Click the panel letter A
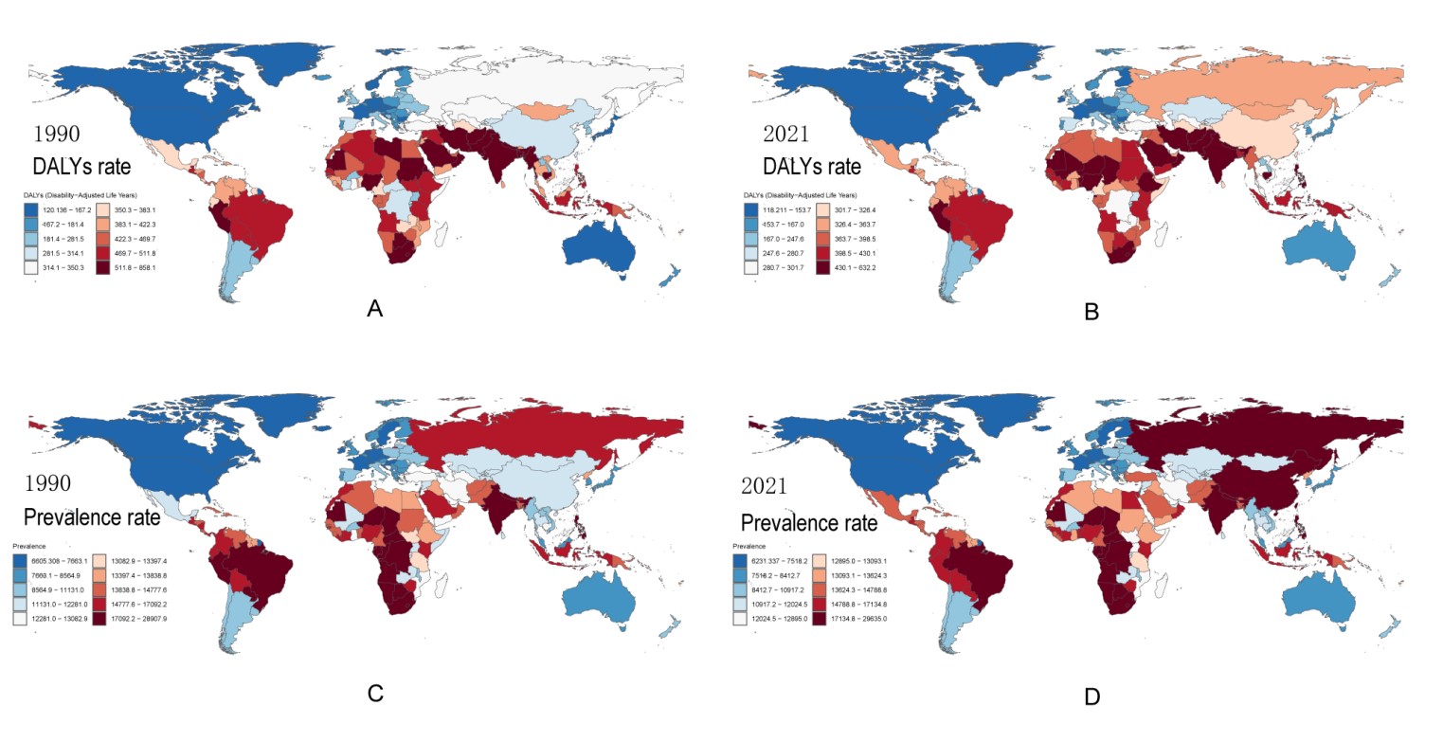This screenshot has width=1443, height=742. [375, 308]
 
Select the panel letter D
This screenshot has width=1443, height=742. [1091, 697]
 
